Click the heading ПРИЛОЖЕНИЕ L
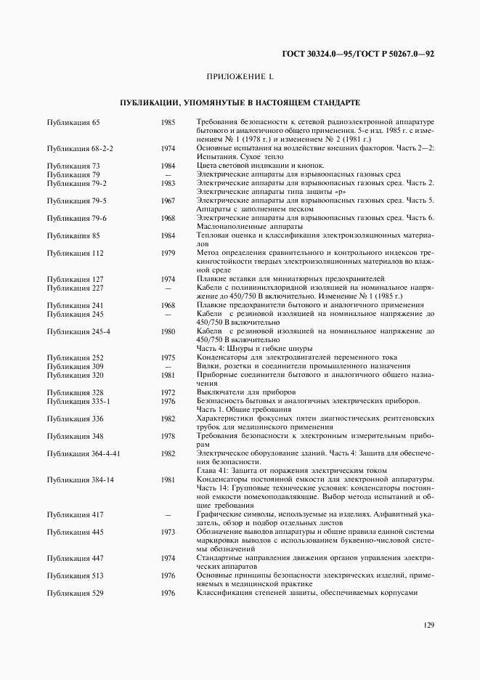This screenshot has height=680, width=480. pos(240,76)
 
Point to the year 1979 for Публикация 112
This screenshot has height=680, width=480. pos(168,253)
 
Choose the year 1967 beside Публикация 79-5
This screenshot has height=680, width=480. pos(168,201)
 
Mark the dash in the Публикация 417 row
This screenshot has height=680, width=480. pos(168,514)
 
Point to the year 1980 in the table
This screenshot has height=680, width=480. pos(168,331)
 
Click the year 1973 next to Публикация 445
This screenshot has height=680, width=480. pos(168,532)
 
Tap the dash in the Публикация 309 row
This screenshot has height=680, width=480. pos(168,366)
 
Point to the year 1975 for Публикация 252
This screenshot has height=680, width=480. pos(168,357)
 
